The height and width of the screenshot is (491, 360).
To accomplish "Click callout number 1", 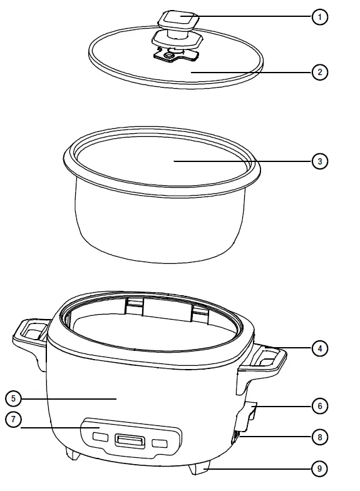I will tap(320, 17).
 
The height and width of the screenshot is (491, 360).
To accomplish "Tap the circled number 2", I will tap(320, 72).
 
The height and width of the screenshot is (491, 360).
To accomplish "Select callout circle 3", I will tap(320, 161).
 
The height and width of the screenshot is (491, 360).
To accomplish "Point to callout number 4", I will tap(320, 348).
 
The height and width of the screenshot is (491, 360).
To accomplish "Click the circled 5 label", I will tap(14, 398).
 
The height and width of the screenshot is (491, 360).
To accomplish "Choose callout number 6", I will tap(320, 406).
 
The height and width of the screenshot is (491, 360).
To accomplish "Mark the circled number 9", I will tap(320, 467).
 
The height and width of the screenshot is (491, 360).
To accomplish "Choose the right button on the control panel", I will tap(160, 443).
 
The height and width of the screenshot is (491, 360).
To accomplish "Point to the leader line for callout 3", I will tap(244, 161).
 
